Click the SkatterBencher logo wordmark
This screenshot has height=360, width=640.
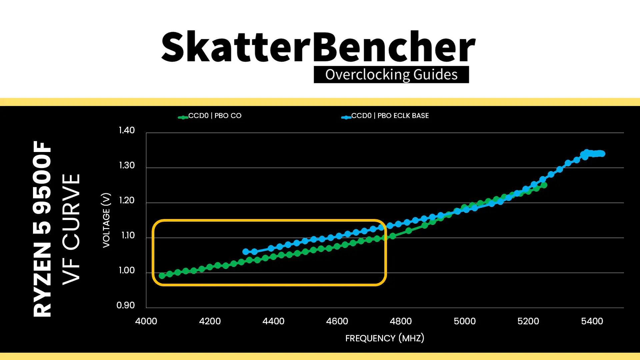click(x=318, y=47)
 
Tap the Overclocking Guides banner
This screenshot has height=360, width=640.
click(x=391, y=75)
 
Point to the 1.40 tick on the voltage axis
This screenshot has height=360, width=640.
click(x=127, y=130)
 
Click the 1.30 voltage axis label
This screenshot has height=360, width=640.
click(x=127, y=165)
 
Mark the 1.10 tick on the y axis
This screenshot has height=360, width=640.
click(x=128, y=235)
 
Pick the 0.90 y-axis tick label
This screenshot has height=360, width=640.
click(x=126, y=305)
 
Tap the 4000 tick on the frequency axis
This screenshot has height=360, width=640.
click(x=146, y=321)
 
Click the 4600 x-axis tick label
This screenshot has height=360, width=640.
click(x=337, y=321)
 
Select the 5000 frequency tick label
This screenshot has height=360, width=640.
click(x=465, y=321)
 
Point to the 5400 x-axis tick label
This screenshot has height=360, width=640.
click(x=592, y=321)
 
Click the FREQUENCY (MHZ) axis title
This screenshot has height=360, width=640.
click(x=385, y=338)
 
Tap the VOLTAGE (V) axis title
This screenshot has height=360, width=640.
click(x=106, y=220)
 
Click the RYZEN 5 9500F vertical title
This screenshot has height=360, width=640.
click(x=42, y=229)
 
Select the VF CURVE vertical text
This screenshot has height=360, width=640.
click(x=71, y=229)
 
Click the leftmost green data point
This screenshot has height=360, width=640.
click(x=162, y=276)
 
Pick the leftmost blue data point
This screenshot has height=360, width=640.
click(x=246, y=252)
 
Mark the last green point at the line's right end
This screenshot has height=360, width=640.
click(x=544, y=185)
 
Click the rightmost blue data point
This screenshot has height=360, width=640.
click(x=602, y=154)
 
